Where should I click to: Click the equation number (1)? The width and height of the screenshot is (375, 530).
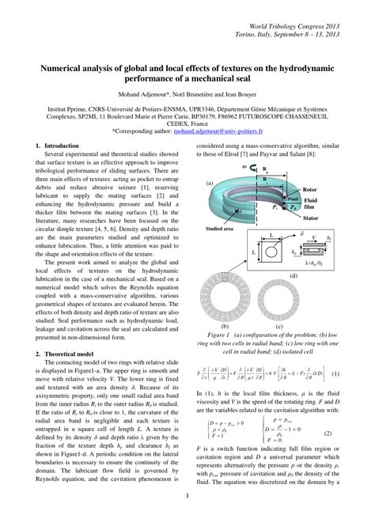coord(335,374)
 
